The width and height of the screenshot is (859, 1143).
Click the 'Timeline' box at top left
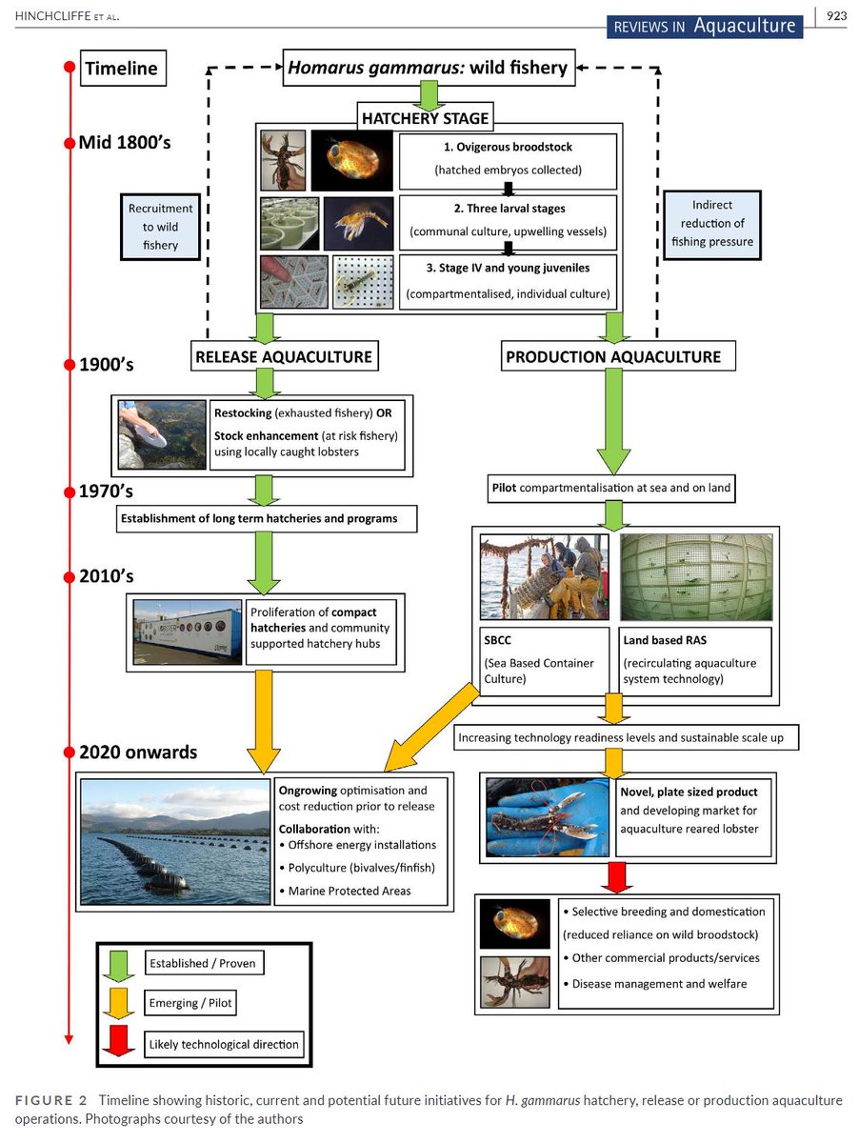[121, 70]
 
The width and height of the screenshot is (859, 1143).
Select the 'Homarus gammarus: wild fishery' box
[428, 68]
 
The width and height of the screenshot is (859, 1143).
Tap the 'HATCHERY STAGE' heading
[425, 119]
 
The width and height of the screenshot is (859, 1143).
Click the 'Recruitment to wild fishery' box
[161, 227]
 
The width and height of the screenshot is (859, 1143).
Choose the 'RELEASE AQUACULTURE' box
[284, 356]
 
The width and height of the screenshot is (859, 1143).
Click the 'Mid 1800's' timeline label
[132, 144]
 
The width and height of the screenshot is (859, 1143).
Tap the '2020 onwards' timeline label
[139, 752]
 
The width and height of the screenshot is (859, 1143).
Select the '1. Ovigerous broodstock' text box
[508, 160]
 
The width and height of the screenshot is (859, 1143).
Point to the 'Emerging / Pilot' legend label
[190, 1003]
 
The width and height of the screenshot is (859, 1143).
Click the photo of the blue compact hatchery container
[187, 632]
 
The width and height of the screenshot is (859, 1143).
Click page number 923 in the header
[836, 15]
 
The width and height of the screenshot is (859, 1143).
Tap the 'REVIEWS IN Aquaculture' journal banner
[705, 26]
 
